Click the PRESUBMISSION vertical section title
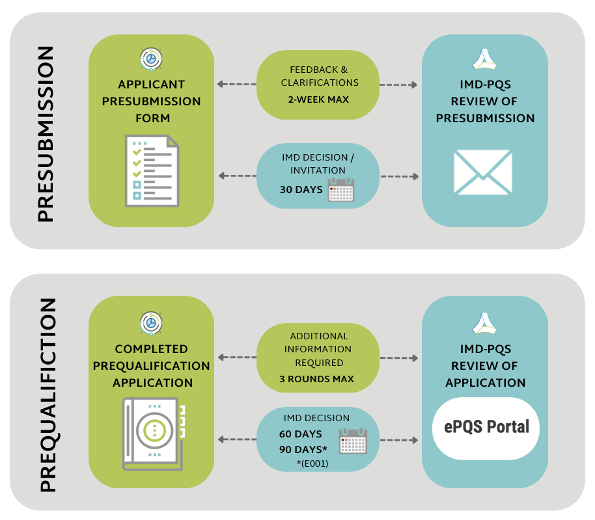pos(45,135)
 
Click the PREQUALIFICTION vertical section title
pos(48,395)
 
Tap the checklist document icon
pos(150,170)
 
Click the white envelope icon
pos(482,172)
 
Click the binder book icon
pos(153,434)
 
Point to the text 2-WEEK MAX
pos(318,99)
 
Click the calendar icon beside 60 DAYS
pos(352,441)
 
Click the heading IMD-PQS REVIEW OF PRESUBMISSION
pos(485,101)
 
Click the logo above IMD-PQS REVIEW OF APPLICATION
pos(485,324)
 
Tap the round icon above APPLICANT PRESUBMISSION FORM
pos(151,59)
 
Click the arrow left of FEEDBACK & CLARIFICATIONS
pos(235,84)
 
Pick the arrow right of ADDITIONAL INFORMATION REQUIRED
pos(398,357)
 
